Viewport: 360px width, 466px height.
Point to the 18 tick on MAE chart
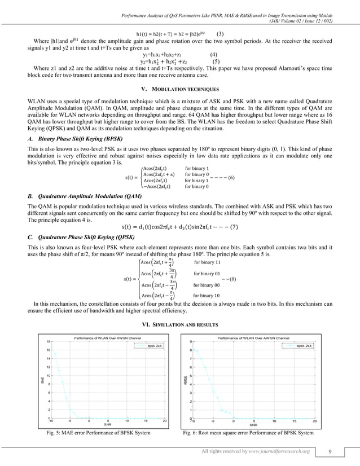pos(49,341)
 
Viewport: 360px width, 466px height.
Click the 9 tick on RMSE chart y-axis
pos(192,341)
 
